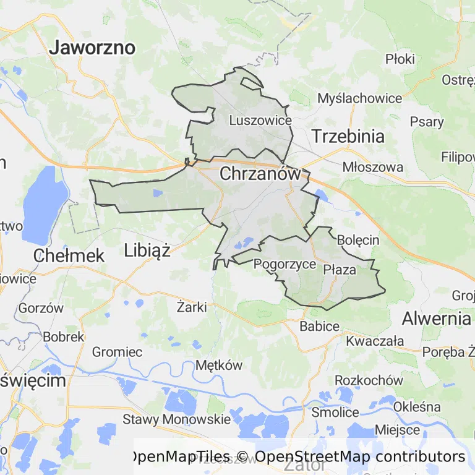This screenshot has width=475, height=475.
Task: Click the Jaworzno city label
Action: [x=93, y=48]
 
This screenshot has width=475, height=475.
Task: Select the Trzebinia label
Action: [x=348, y=136]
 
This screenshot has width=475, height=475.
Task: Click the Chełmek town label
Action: [x=69, y=255]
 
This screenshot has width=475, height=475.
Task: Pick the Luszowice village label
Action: [x=260, y=121]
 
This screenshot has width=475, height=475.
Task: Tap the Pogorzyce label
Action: [x=285, y=264]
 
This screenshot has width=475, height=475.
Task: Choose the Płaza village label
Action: [x=340, y=269]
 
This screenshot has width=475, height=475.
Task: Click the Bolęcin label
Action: [x=358, y=239]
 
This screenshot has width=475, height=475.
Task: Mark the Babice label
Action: [x=319, y=326]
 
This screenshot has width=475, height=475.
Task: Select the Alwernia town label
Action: [x=436, y=319]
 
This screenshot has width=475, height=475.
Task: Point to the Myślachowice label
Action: [x=359, y=98]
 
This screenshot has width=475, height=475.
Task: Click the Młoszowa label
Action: [x=373, y=167]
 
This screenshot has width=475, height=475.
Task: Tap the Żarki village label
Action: [x=191, y=306]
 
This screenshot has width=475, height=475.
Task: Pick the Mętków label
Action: [x=219, y=365]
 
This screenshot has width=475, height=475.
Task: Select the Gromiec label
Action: [x=117, y=352]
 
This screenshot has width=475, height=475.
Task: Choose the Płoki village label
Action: [x=400, y=59]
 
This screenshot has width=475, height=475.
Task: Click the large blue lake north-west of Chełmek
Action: [x=45, y=204]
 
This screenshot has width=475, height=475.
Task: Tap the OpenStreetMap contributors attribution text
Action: [x=359, y=456]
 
